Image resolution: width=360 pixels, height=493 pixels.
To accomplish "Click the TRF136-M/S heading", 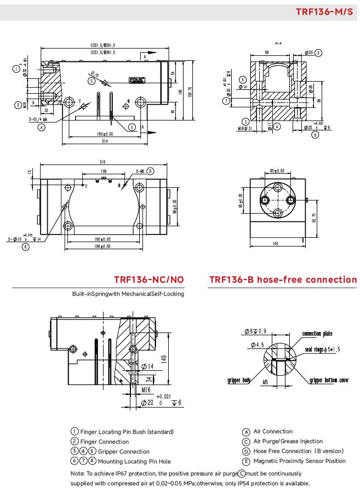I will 324,12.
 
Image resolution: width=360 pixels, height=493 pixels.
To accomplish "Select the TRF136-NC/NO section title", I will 149,280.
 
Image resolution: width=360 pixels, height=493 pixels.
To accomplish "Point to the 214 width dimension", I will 104,141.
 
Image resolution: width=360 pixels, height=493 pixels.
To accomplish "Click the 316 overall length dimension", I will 102,163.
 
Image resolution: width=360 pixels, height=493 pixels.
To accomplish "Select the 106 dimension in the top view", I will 103,171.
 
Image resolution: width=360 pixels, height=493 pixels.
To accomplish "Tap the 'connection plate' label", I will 317,334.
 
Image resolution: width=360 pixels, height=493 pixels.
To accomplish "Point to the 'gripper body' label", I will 239,380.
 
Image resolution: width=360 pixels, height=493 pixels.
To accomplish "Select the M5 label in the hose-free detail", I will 264,382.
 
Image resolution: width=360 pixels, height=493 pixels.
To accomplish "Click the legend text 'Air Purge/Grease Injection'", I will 288,442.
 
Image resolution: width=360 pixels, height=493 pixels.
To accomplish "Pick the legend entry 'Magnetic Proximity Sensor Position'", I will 299,461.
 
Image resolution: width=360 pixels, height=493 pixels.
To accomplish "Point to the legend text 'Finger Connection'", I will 105,442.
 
